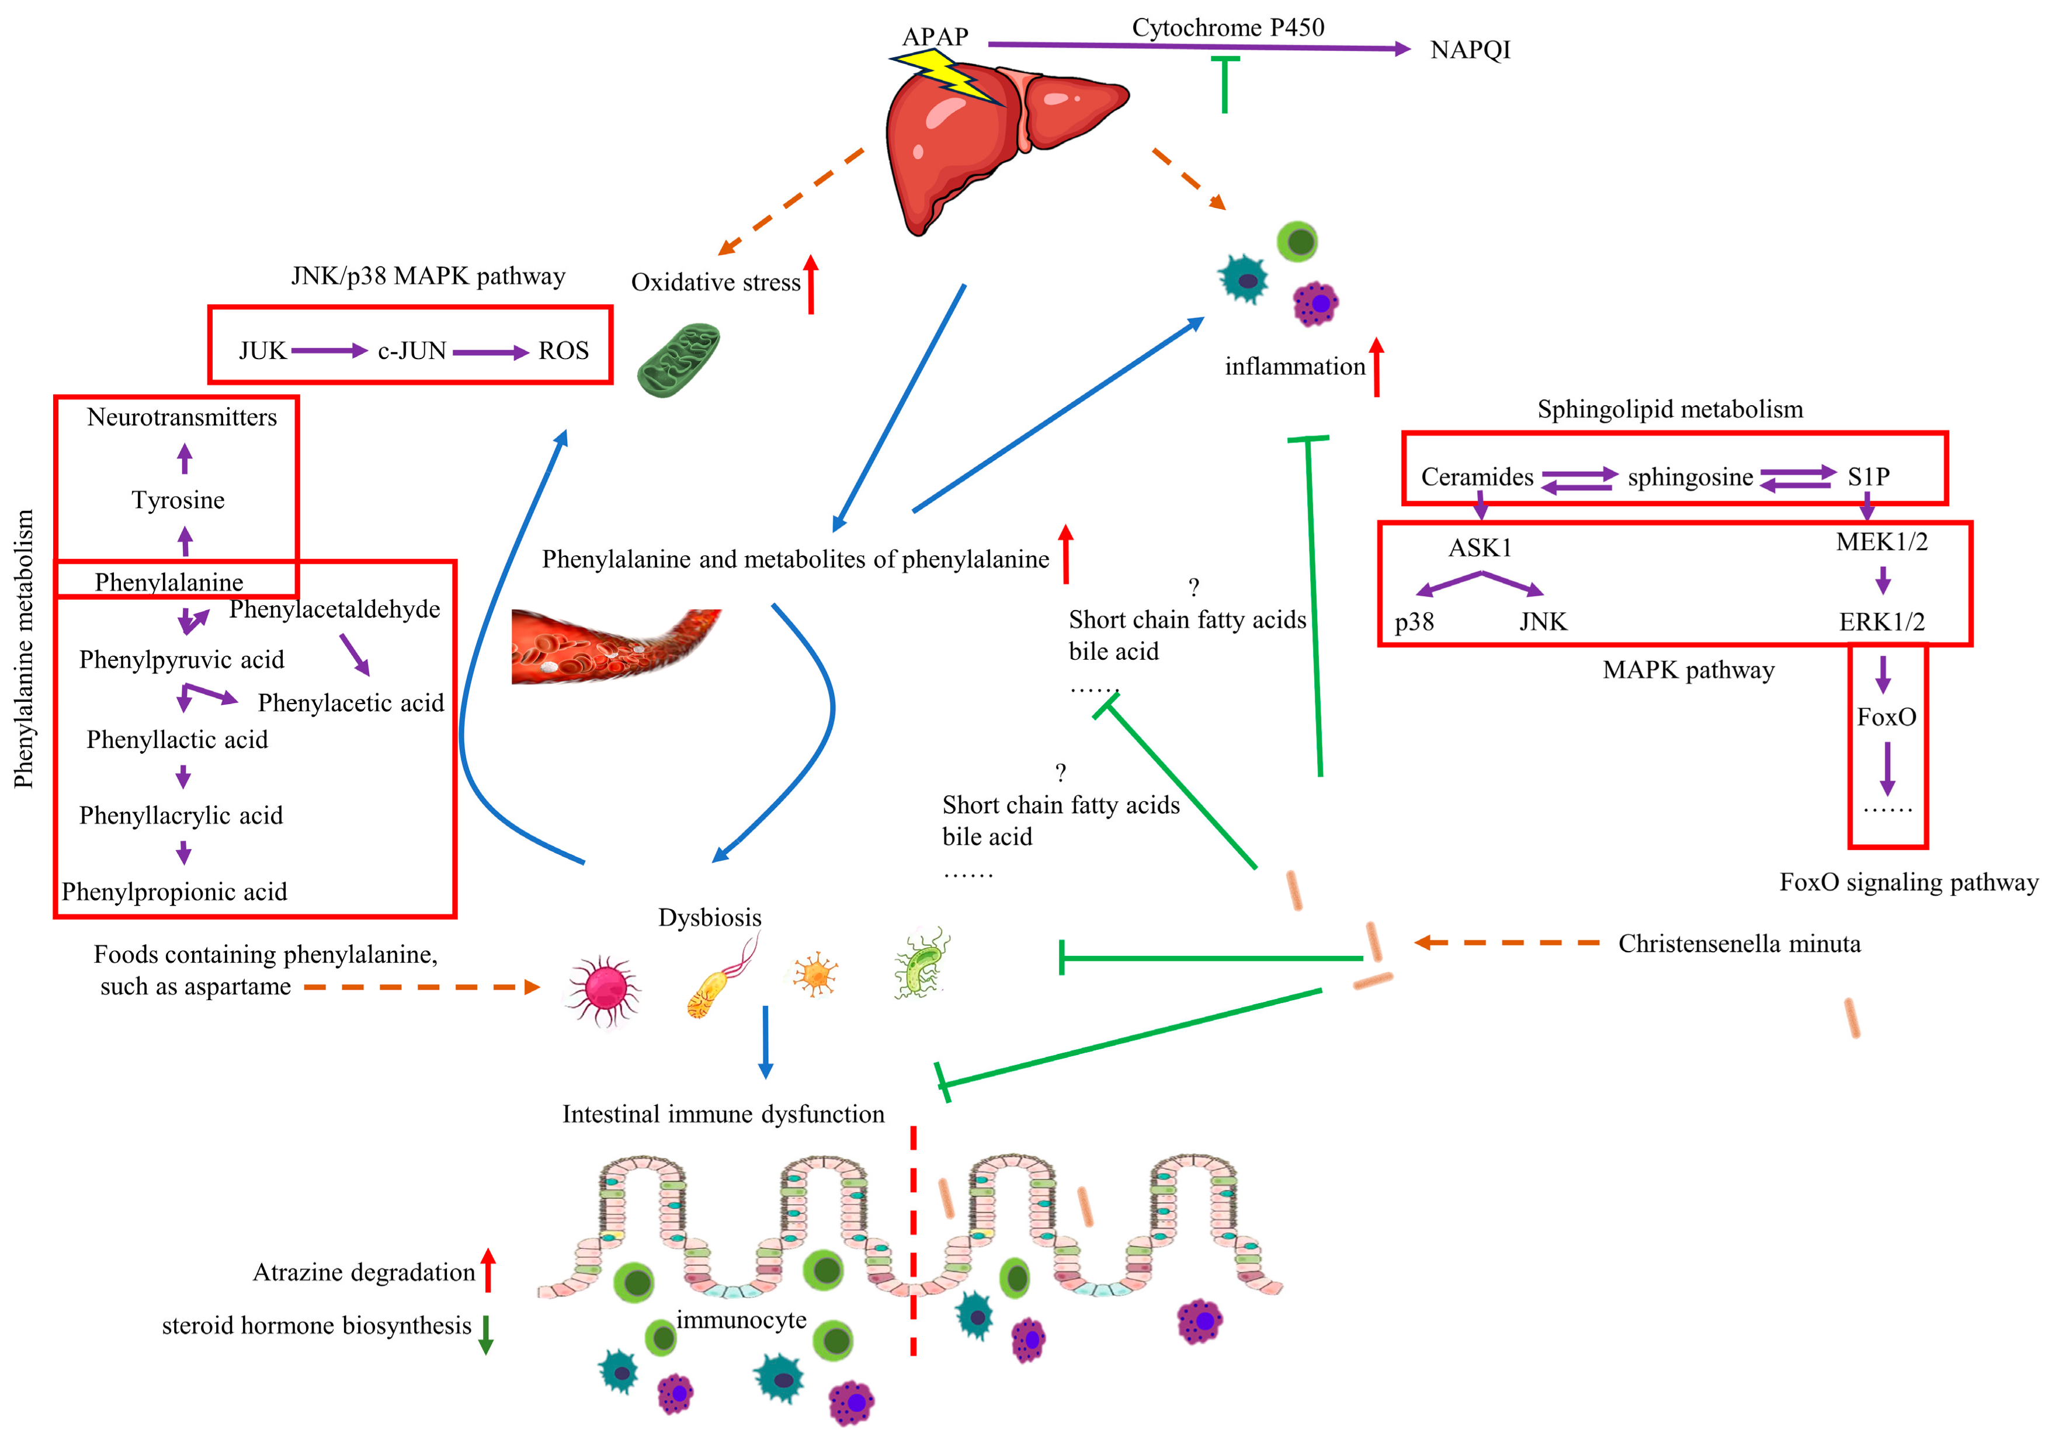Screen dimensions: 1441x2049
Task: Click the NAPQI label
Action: (x=1470, y=50)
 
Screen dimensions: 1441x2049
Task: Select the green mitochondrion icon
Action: (x=678, y=360)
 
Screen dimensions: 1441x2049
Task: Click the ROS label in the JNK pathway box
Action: (x=563, y=351)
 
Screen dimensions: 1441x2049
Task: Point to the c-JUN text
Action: (x=411, y=351)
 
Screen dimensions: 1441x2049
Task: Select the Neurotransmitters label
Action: (x=182, y=417)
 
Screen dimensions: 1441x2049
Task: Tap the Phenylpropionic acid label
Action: (x=174, y=892)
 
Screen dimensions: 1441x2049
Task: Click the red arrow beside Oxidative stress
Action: (x=810, y=284)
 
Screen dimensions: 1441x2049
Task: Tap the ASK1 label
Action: (x=1480, y=547)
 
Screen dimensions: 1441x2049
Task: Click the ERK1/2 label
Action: (x=1881, y=621)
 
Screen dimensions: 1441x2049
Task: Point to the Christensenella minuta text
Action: (x=1739, y=943)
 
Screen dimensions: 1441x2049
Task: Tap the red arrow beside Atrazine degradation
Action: (x=487, y=1270)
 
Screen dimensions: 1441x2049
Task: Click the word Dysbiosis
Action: (x=710, y=917)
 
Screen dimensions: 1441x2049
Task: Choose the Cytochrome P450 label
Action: (x=1228, y=27)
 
